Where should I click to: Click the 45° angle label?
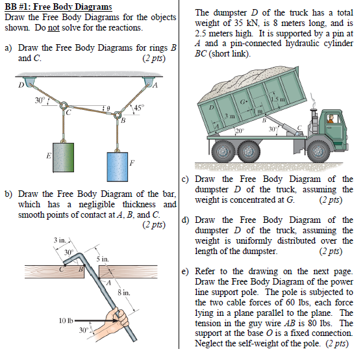(x=140, y=107)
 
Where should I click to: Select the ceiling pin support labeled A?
(x=148, y=83)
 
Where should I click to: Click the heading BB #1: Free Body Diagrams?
(x=58, y=7)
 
